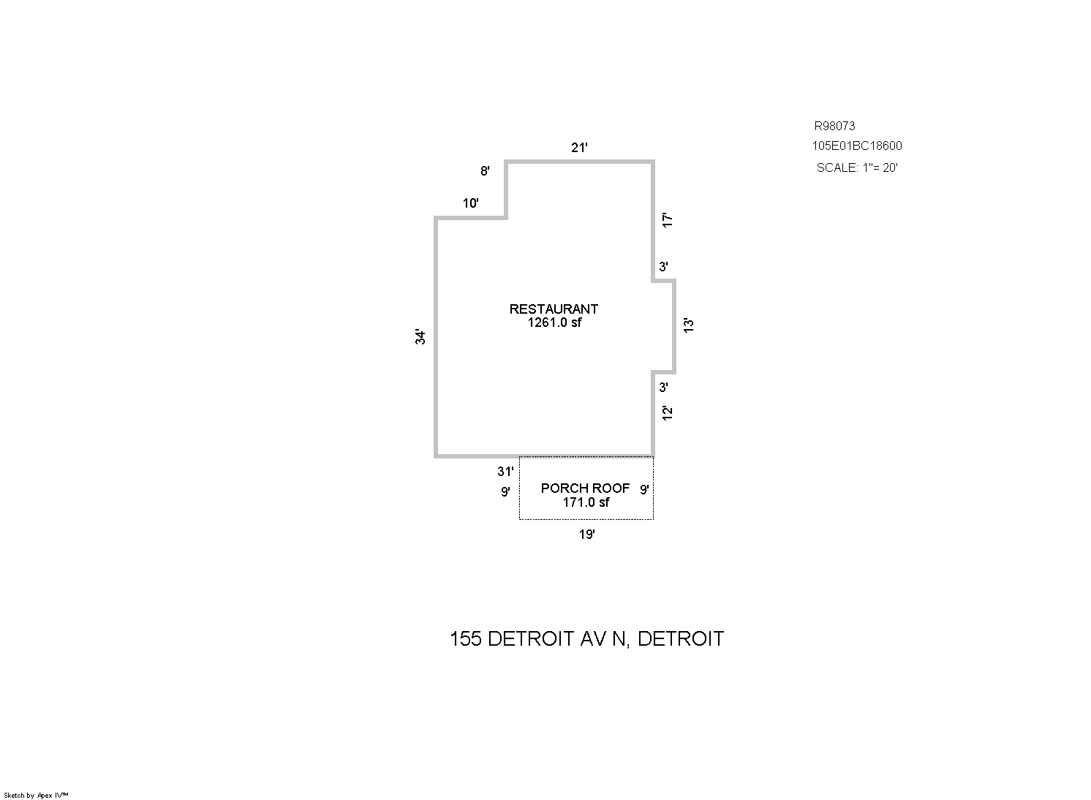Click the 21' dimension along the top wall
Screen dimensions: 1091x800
tap(579, 147)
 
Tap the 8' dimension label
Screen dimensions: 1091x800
tap(485, 170)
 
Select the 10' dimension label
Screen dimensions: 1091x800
tap(470, 203)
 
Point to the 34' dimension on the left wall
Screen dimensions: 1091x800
tap(420, 336)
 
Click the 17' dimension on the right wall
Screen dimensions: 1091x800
tap(668, 219)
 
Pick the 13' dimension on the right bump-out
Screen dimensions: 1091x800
tap(688, 325)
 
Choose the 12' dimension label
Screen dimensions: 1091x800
tap(668, 412)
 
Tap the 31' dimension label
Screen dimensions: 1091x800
tap(505, 471)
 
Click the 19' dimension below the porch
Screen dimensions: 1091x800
tap(587, 535)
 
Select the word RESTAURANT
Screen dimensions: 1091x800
tap(554, 309)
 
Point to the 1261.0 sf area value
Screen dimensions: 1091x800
tap(554, 322)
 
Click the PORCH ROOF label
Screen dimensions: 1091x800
tap(586, 488)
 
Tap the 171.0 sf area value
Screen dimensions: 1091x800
tap(586, 502)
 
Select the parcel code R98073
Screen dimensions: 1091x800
tap(835, 126)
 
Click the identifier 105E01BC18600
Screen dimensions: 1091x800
tap(857, 146)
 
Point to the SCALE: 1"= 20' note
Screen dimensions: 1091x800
tap(857, 167)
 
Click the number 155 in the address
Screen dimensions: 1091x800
tap(466, 638)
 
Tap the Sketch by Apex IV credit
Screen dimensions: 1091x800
tap(36, 796)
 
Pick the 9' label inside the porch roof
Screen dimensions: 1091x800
tap(644, 489)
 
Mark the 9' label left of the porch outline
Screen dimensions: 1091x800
tap(505, 491)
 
